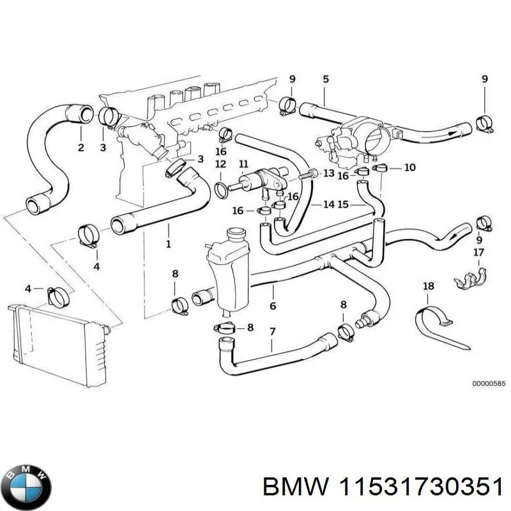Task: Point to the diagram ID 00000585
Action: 489,384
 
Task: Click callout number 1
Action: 168,244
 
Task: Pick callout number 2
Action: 80,148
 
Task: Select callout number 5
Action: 325,79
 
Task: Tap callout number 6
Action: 273,306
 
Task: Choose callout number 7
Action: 272,332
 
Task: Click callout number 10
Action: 409,167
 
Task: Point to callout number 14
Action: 328,204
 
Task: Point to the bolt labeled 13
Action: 309,174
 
